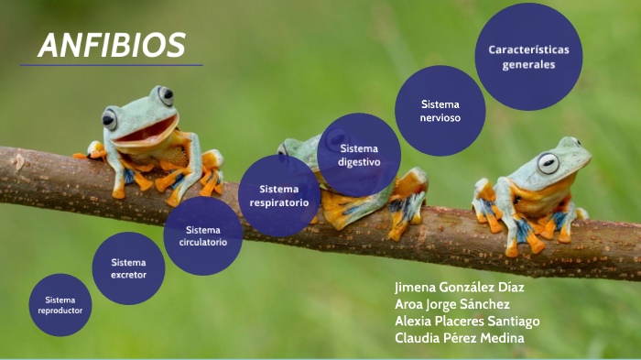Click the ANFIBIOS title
tap(112, 44)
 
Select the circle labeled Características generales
tap(528, 57)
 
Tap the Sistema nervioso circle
tap(440, 111)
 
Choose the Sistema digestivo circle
tap(358, 155)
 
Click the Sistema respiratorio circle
tap(278, 195)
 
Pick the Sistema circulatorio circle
tap(202, 236)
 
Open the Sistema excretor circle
tap(128, 268)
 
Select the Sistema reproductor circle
tap(60, 305)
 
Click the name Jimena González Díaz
tap(459, 287)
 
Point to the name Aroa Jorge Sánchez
tap(451, 304)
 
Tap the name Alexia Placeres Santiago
tap(467, 322)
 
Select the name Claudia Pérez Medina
tap(459, 339)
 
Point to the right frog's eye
tap(548, 163)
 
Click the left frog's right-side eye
tap(165, 94)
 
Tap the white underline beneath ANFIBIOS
tap(111, 65)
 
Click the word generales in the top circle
tap(528, 66)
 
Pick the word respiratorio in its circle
tap(278, 202)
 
